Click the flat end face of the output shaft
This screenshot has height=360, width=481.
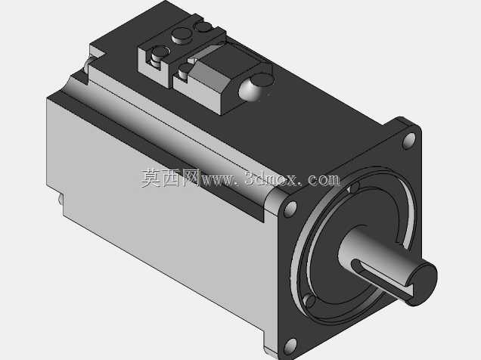pyautogui.click(x=423, y=284)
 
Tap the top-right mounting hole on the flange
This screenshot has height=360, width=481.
pyautogui.click(x=408, y=141)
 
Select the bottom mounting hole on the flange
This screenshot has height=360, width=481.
pyautogui.click(x=291, y=346)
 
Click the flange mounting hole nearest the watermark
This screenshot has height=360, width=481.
pyautogui.click(x=290, y=209)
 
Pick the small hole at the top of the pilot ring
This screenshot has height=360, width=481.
pyautogui.click(x=355, y=188)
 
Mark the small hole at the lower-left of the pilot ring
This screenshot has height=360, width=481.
pyautogui.click(x=309, y=301)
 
